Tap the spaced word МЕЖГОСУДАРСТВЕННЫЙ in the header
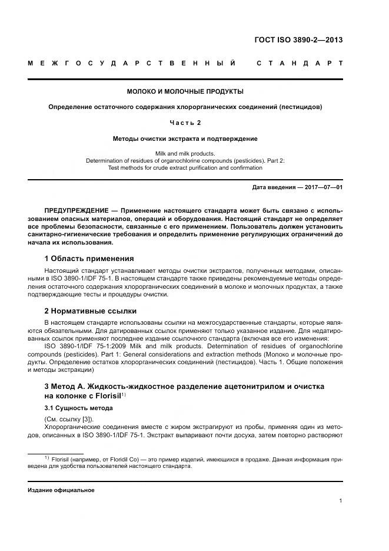(132, 63)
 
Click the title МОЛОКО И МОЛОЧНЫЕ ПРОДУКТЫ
(185, 91)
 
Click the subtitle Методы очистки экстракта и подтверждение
(185, 138)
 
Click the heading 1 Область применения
(89, 258)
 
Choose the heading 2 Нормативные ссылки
(91, 310)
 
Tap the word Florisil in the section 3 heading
(106, 395)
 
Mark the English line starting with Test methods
(185, 168)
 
